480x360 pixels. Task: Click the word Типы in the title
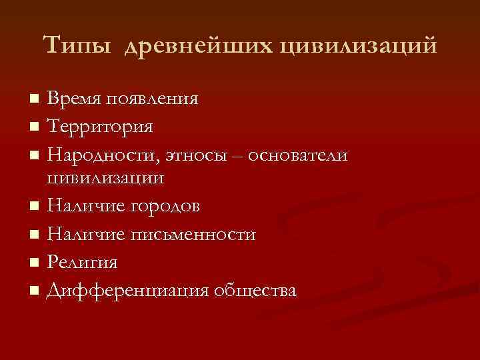(x=77, y=46)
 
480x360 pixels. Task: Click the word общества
(x=254, y=291)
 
